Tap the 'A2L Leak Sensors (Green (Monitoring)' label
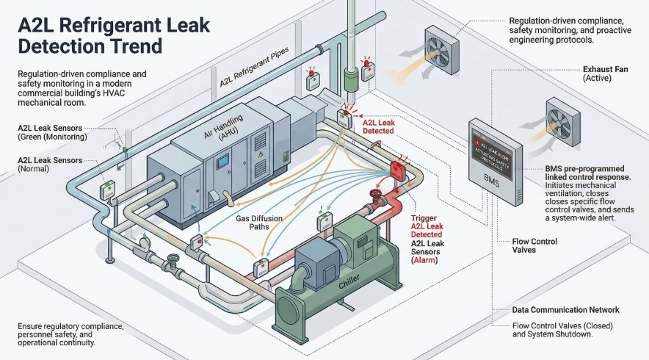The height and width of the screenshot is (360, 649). pyautogui.click(x=52, y=132)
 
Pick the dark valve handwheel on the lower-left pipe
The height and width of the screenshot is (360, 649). pyautogui.click(x=173, y=260)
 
